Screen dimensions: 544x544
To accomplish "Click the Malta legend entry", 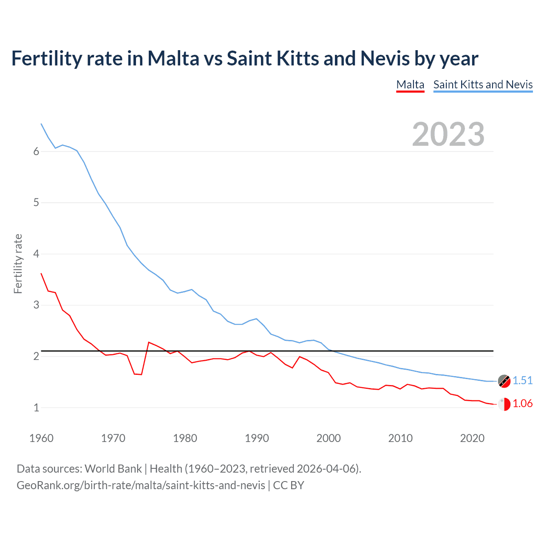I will (410, 85).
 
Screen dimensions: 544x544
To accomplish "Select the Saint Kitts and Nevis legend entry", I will (483, 85).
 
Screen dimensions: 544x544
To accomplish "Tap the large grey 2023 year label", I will (448, 134).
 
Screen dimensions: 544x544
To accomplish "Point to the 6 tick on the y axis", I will (36, 152).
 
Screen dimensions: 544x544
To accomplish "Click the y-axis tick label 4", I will (36, 254).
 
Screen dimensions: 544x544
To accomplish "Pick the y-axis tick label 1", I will (36, 408).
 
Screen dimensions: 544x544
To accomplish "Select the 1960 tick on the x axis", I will (41, 438).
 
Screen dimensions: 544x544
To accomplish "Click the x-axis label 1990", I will (257, 438).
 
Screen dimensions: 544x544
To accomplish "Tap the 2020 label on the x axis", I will (472, 438).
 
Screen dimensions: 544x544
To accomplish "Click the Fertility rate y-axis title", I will (18, 263).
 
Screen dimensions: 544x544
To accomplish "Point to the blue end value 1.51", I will (522, 380).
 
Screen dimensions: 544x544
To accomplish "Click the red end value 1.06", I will (522, 403).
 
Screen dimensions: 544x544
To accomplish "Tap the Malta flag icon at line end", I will (504, 404).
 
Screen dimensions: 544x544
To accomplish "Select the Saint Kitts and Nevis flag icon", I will (504, 381).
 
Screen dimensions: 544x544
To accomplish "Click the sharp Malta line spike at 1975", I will (149, 342).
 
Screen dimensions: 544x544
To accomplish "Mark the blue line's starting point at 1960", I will (41, 124).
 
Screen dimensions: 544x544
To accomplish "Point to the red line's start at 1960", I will (41, 274).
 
